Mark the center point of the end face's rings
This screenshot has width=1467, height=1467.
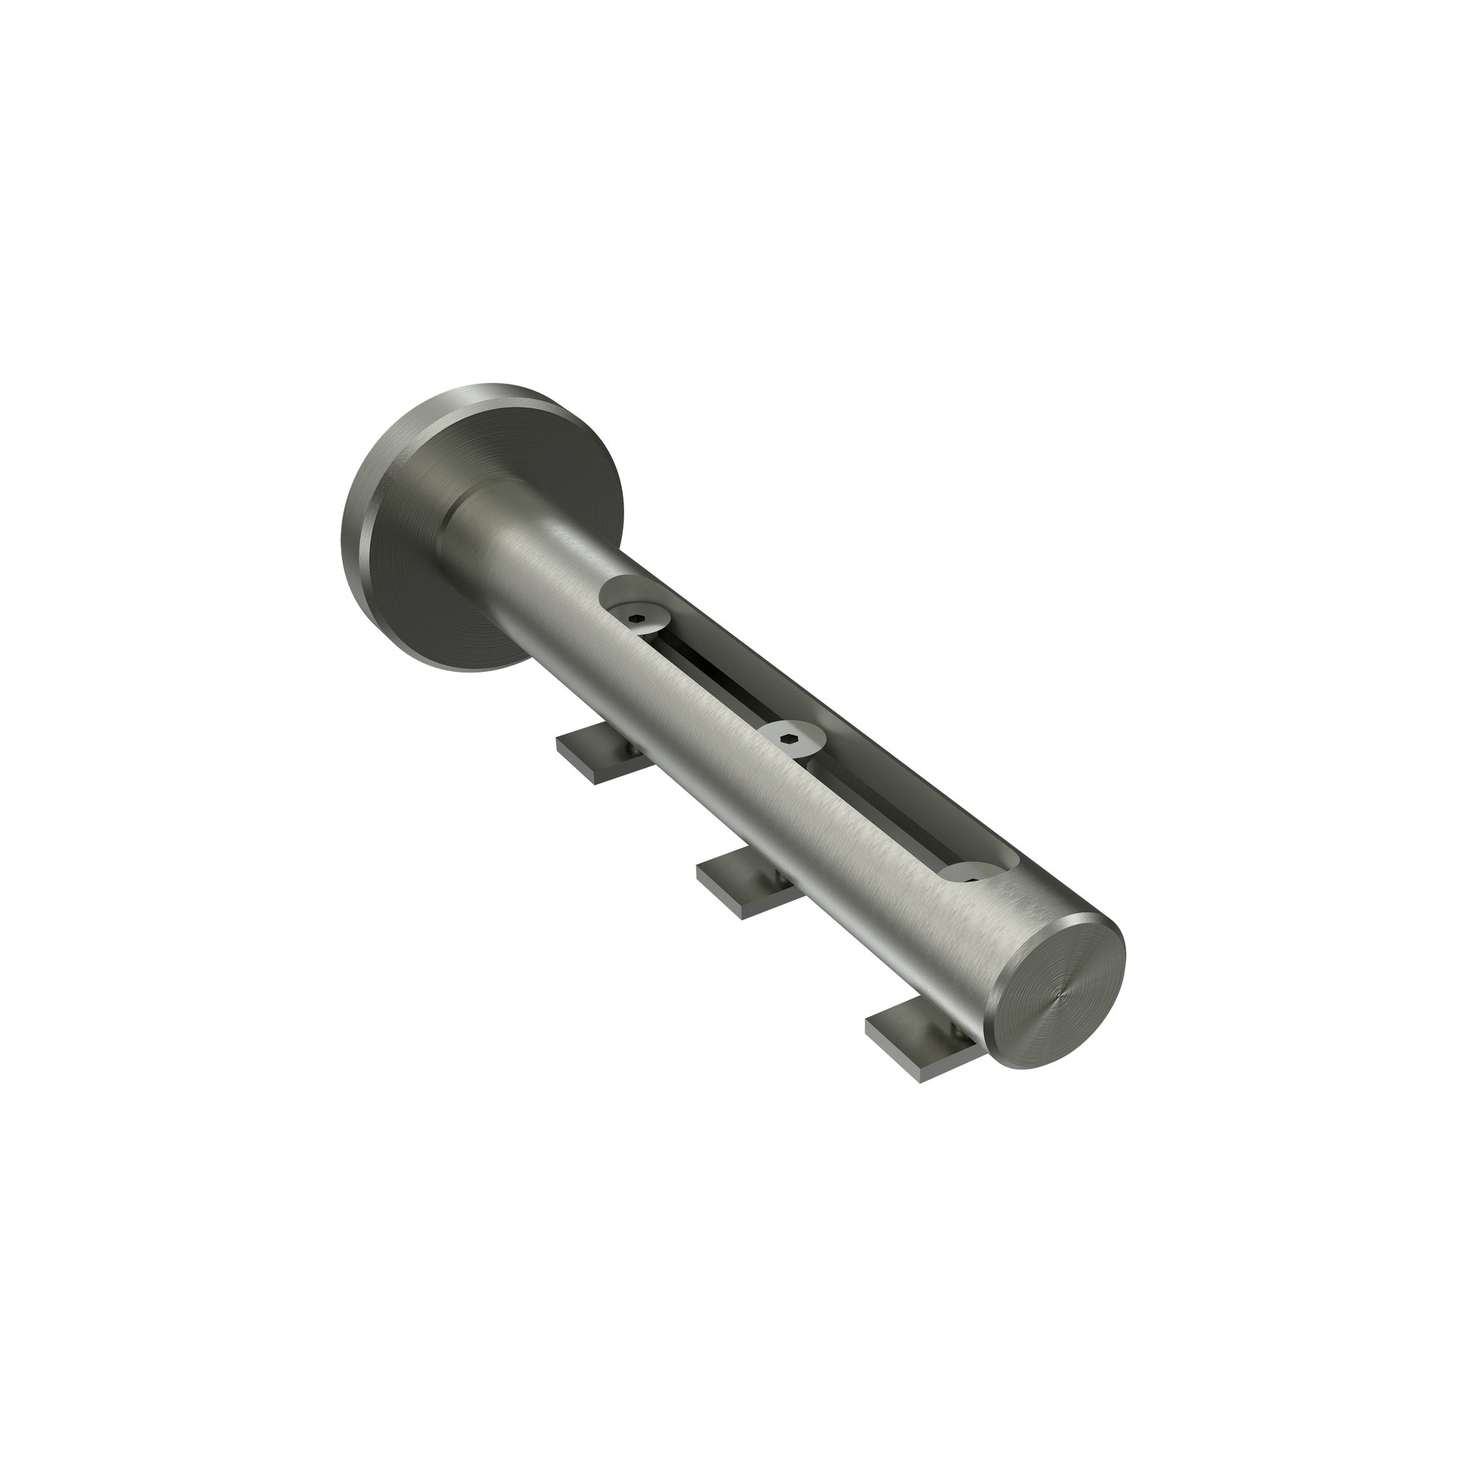coord(1060,987)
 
